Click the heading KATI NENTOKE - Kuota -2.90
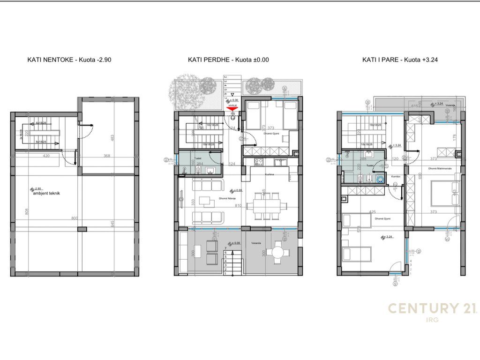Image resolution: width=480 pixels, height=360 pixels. pos(69,60)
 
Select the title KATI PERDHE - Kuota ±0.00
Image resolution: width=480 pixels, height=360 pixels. pos(228,60)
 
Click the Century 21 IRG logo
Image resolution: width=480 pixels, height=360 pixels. pos(432,311)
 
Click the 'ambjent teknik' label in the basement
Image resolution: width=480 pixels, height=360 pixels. pos(47,193)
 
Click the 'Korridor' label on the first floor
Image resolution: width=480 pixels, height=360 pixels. pos(396,176)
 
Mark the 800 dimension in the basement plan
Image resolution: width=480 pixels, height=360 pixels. pos(74,218)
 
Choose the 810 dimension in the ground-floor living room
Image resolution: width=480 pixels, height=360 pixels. pos(238,205)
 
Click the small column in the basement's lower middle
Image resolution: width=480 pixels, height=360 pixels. pos(82,229)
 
